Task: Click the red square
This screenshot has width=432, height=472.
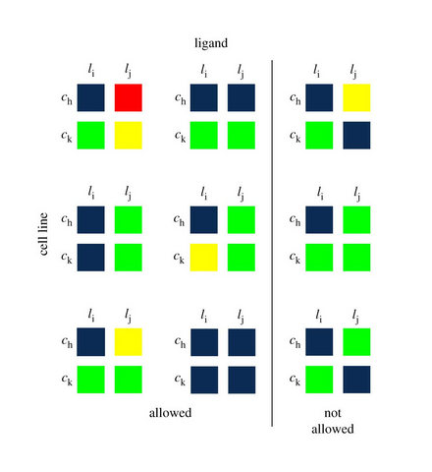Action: pyautogui.click(x=129, y=97)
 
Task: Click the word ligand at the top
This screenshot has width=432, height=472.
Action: pyautogui.click(x=211, y=43)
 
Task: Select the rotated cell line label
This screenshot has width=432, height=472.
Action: pyautogui.click(x=43, y=234)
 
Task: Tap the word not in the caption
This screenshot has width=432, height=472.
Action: pyautogui.click(x=333, y=413)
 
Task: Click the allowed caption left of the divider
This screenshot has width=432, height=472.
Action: pyautogui.click(x=170, y=413)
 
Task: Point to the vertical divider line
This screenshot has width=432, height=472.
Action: pyautogui.click(x=272, y=243)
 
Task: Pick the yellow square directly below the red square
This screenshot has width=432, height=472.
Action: pyautogui.click(x=129, y=136)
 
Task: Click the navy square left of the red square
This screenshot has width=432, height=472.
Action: pyautogui.click(x=91, y=97)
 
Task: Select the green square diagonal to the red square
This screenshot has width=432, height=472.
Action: pyautogui.click(x=91, y=136)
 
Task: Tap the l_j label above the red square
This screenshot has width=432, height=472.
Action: pyautogui.click(x=128, y=70)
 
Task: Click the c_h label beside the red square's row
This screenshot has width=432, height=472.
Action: pyautogui.click(x=67, y=98)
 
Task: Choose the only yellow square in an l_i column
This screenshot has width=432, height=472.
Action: pyautogui.click(x=204, y=258)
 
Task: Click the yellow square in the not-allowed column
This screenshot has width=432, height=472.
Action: pyautogui.click(x=356, y=97)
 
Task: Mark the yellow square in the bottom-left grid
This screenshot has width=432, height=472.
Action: pyautogui.click(x=129, y=342)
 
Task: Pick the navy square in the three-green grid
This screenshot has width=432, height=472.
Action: pyautogui.click(x=319, y=220)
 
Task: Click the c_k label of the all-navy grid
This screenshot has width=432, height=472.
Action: pyautogui.click(x=180, y=380)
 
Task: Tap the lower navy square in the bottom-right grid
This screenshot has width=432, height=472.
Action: pyautogui.click(x=356, y=380)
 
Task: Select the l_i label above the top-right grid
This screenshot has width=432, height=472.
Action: pyautogui.click(x=316, y=70)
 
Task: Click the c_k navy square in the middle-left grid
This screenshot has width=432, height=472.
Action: pyautogui.click(x=91, y=258)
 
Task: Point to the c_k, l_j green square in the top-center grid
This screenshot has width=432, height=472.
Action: pyautogui.click(x=242, y=136)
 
